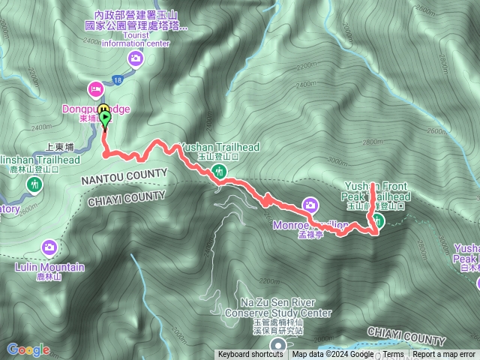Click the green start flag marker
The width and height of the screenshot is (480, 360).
(105, 117)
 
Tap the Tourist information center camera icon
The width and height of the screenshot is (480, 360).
(136, 58)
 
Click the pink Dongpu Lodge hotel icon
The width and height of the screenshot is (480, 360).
(96, 88)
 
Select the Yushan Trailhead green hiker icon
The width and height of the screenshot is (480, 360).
(220, 172)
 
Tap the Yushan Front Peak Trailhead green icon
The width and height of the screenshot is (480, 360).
(379, 220)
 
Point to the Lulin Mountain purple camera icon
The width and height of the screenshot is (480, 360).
(49, 246)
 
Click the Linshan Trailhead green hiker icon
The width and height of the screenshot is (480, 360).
(34, 184)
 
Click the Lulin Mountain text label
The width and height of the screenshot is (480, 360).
(49, 268)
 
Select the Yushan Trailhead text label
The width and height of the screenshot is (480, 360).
(219, 148)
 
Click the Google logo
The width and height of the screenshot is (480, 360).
(28, 349)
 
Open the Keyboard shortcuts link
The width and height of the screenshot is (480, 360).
(250, 355)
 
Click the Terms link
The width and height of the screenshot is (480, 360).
(393, 355)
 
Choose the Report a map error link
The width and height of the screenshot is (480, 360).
(444, 355)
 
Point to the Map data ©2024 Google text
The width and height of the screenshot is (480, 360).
(333, 355)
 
